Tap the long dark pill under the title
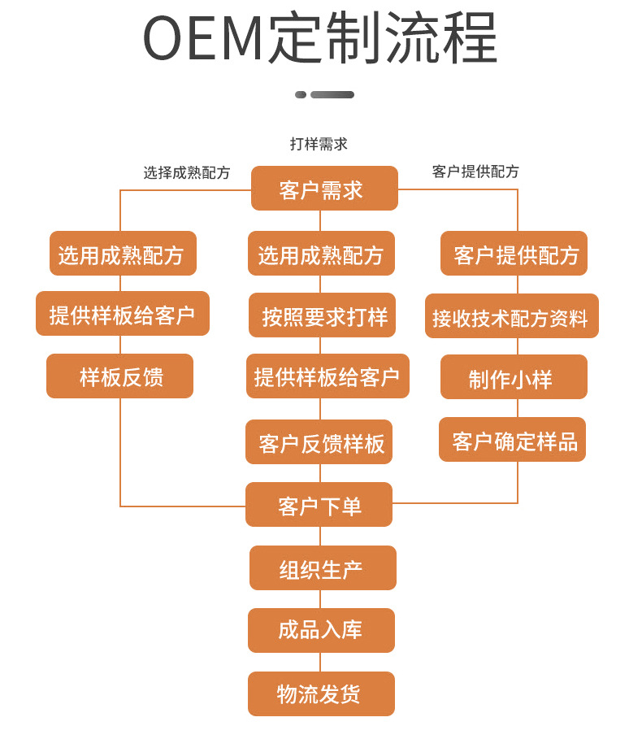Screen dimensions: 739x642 pyautogui.click(x=332, y=95)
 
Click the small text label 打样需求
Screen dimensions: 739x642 pyautogui.click(x=319, y=144)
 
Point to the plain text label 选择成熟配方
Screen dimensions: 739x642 pyautogui.click(x=187, y=172)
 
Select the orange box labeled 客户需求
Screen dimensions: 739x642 pyautogui.click(x=323, y=189)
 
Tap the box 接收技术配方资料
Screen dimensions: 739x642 pyautogui.click(x=510, y=317)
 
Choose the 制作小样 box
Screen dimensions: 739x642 pyautogui.click(x=513, y=378)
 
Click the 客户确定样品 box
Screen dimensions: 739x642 pyautogui.click(x=513, y=441)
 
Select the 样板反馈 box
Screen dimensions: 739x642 pyautogui.click(x=120, y=376)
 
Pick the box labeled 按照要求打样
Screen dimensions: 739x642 pyautogui.click(x=323, y=316)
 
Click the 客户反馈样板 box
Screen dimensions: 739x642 pyautogui.click(x=320, y=442)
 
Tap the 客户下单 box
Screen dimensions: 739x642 pyautogui.click(x=319, y=505)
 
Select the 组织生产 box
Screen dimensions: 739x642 pyautogui.click(x=322, y=568)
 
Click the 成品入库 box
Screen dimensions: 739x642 pyautogui.click(x=321, y=630)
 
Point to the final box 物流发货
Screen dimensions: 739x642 pyautogui.click(x=320, y=693)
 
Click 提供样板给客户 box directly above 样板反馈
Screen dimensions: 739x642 pyautogui.click(x=123, y=314)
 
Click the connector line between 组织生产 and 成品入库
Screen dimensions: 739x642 pyautogui.click(x=320, y=599)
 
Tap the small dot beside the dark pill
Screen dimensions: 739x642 pyautogui.click(x=301, y=95)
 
